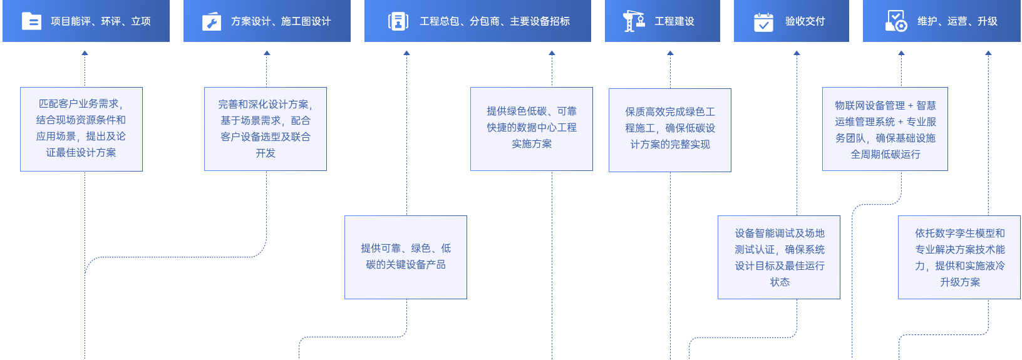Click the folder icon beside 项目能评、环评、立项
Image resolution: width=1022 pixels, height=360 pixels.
(x=31, y=21)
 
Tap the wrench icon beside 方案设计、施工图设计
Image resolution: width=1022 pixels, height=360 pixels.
(x=212, y=22)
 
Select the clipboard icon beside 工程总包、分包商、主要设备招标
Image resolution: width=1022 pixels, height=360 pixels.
(x=398, y=21)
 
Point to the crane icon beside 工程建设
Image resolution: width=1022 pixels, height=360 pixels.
(x=634, y=21)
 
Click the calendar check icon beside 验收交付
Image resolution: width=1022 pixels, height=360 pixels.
(x=763, y=22)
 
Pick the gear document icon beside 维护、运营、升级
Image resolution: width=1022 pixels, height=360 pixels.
(x=896, y=21)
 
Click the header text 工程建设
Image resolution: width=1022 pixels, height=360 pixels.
(x=674, y=21)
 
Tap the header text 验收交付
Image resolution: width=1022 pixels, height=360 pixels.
(x=805, y=21)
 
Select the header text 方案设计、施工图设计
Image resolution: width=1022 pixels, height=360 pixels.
(x=281, y=21)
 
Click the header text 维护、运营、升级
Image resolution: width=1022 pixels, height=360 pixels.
(x=957, y=21)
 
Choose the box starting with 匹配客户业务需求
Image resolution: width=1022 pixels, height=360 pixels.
(x=81, y=129)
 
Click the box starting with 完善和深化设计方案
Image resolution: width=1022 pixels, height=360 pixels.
(x=266, y=129)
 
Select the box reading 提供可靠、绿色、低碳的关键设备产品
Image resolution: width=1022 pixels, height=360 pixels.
(x=406, y=257)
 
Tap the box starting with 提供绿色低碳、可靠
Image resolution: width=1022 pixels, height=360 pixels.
(x=532, y=129)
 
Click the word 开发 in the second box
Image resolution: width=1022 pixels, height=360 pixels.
(x=266, y=153)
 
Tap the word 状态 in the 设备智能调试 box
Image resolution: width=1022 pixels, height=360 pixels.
(x=780, y=282)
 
